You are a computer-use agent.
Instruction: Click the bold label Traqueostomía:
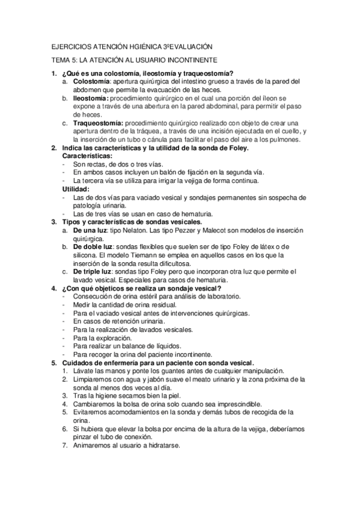(99, 123)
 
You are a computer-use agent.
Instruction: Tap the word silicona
(86, 255)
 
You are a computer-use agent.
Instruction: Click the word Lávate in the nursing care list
(83, 371)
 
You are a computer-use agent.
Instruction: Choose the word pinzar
(86, 437)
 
